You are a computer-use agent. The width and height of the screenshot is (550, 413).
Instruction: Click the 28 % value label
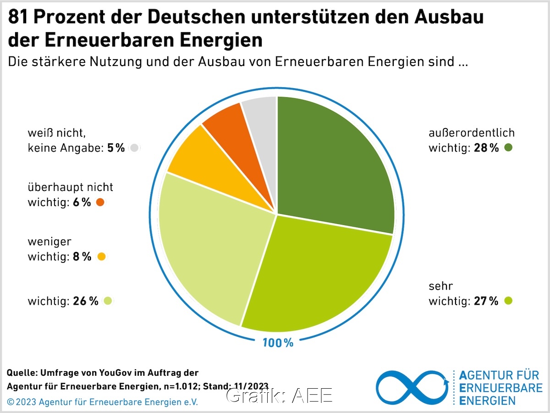click(x=486, y=148)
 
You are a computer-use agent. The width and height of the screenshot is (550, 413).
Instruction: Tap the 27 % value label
click(x=486, y=301)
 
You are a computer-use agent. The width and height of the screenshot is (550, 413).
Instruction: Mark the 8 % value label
click(x=82, y=257)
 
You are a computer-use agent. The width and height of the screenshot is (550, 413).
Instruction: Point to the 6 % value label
click(x=82, y=202)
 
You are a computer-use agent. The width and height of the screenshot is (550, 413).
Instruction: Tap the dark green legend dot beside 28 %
click(x=508, y=148)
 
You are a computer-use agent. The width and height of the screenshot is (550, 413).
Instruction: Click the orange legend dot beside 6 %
click(x=100, y=202)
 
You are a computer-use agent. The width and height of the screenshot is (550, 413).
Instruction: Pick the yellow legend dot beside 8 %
click(x=101, y=257)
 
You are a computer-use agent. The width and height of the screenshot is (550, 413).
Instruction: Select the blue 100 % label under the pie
click(x=277, y=342)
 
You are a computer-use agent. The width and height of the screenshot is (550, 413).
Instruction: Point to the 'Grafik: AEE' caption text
click(x=279, y=396)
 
